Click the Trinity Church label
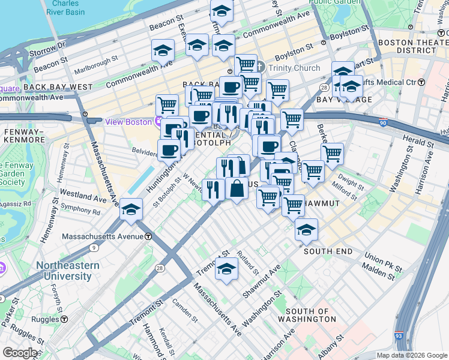click(294, 68)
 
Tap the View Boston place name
click(128, 122)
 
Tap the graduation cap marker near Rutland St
click(227, 269)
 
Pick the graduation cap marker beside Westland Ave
click(131, 210)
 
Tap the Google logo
click(20, 353)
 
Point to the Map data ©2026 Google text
click(411, 355)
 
